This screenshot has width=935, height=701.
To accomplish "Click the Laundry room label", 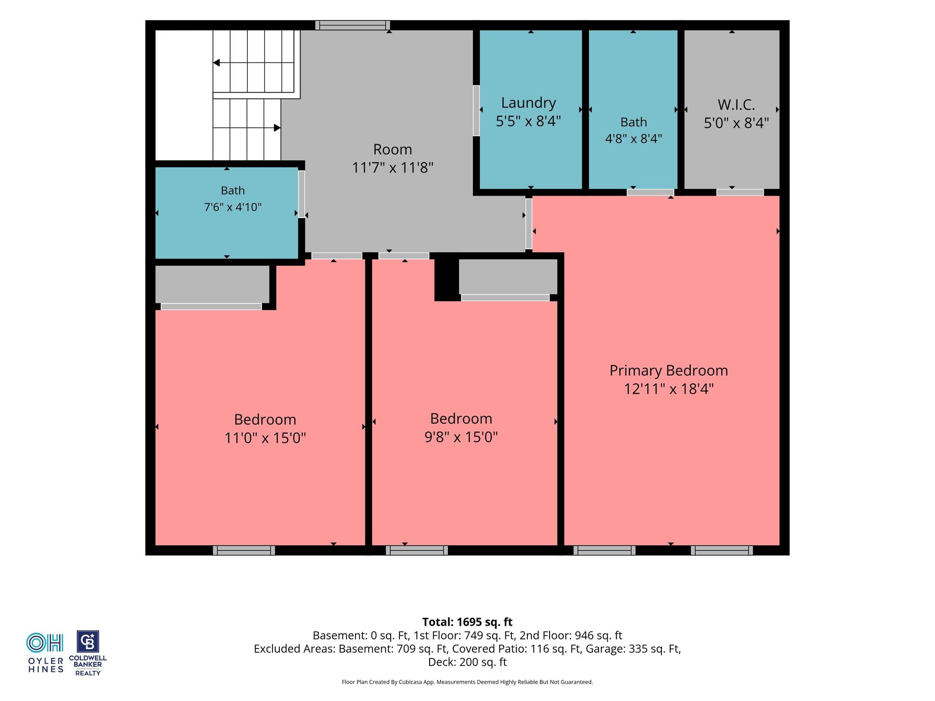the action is [x=528, y=103].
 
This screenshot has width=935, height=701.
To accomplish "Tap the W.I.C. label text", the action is [x=736, y=105].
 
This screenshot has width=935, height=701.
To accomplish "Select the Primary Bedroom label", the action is [x=668, y=371].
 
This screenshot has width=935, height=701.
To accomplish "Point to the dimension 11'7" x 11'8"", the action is [x=393, y=167].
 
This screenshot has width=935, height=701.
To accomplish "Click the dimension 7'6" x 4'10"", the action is [x=233, y=207].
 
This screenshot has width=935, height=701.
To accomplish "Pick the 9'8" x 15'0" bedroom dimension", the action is [x=461, y=437].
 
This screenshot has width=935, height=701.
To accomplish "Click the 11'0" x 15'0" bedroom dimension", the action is [x=265, y=438].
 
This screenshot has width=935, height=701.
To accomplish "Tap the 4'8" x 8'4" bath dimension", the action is [x=634, y=138].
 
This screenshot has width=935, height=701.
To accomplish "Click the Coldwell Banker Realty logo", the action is [x=88, y=653].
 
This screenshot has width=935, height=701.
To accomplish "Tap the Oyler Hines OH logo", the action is [x=45, y=653].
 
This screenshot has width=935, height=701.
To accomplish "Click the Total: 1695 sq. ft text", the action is [x=467, y=622].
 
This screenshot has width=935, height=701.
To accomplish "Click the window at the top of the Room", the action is [x=352, y=26].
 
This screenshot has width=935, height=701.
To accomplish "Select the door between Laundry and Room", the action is [x=476, y=110].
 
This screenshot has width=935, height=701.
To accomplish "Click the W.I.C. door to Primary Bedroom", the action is [x=740, y=193].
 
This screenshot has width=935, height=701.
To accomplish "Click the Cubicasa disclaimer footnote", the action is [x=467, y=682].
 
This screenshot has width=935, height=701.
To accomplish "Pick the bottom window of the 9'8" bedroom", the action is [x=417, y=550].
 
